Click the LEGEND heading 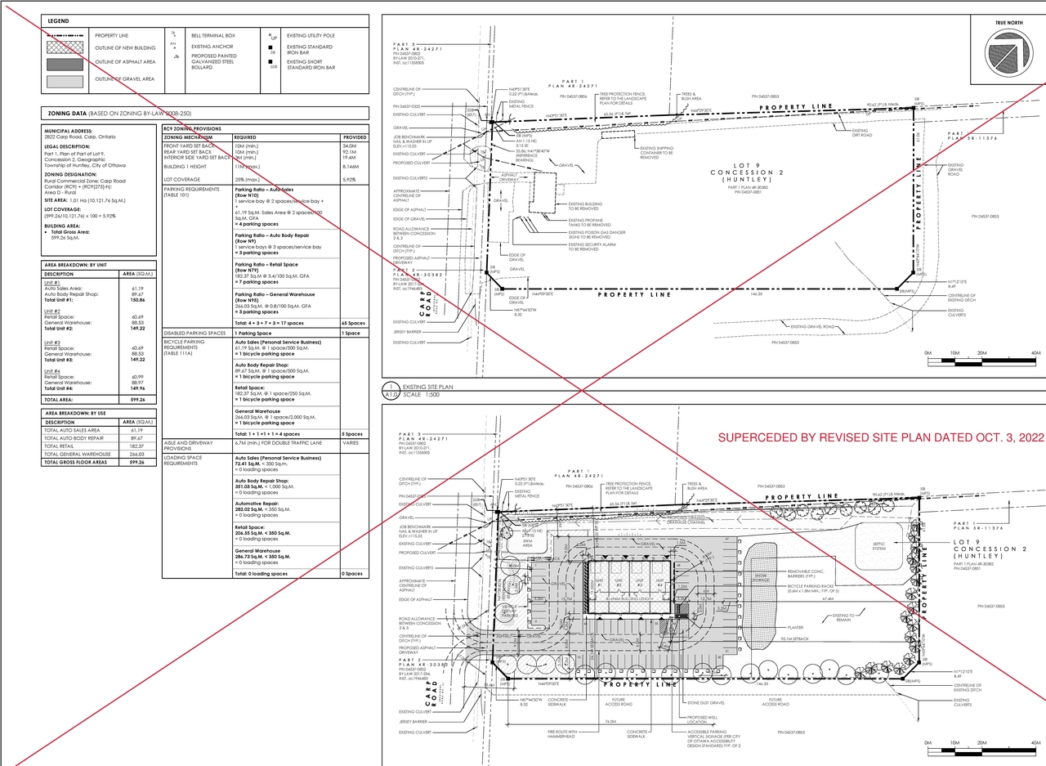point(58,20)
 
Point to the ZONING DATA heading point(65,113)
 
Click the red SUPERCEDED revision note point(881,438)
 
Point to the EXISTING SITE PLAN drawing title point(427,387)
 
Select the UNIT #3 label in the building point(639,584)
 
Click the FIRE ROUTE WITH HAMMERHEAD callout point(562,733)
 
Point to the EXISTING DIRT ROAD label point(861,132)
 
